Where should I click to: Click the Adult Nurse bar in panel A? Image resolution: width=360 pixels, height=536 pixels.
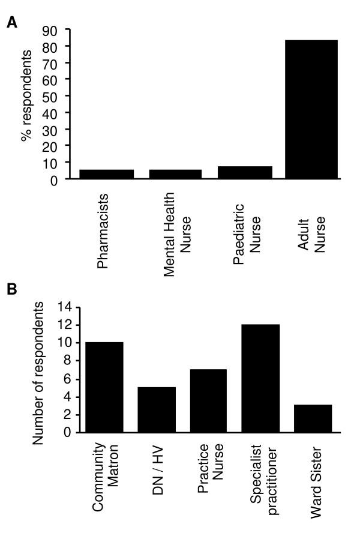point(311,109)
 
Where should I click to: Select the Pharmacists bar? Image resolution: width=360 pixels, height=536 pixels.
point(106,174)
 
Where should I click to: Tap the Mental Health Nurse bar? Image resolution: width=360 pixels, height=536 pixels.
point(175,174)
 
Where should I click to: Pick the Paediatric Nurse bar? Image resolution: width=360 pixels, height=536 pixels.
point(245,172)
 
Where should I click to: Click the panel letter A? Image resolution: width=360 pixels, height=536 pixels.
point(11,23)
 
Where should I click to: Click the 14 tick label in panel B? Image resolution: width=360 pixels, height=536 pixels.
point(64,307)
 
